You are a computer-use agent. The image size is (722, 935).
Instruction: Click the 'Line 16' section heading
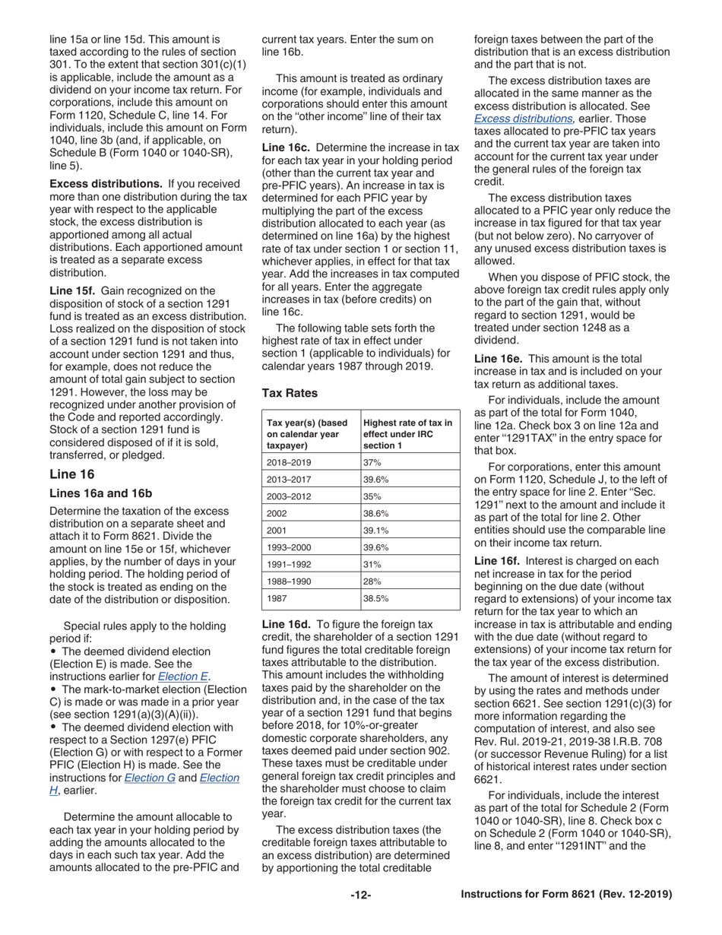(x=72, y=475)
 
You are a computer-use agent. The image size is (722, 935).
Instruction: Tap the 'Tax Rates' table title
(x=290, y=393)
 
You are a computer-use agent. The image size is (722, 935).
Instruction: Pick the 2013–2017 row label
(x=289, y=480)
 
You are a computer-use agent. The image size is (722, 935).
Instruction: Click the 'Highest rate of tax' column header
(x=407, y=434)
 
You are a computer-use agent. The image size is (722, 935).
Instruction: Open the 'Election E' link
(x=183, y=677)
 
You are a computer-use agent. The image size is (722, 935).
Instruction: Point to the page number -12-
(x=360, y=895)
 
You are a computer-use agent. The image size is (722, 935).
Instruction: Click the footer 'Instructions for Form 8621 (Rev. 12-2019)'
(x=566, y=895)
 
